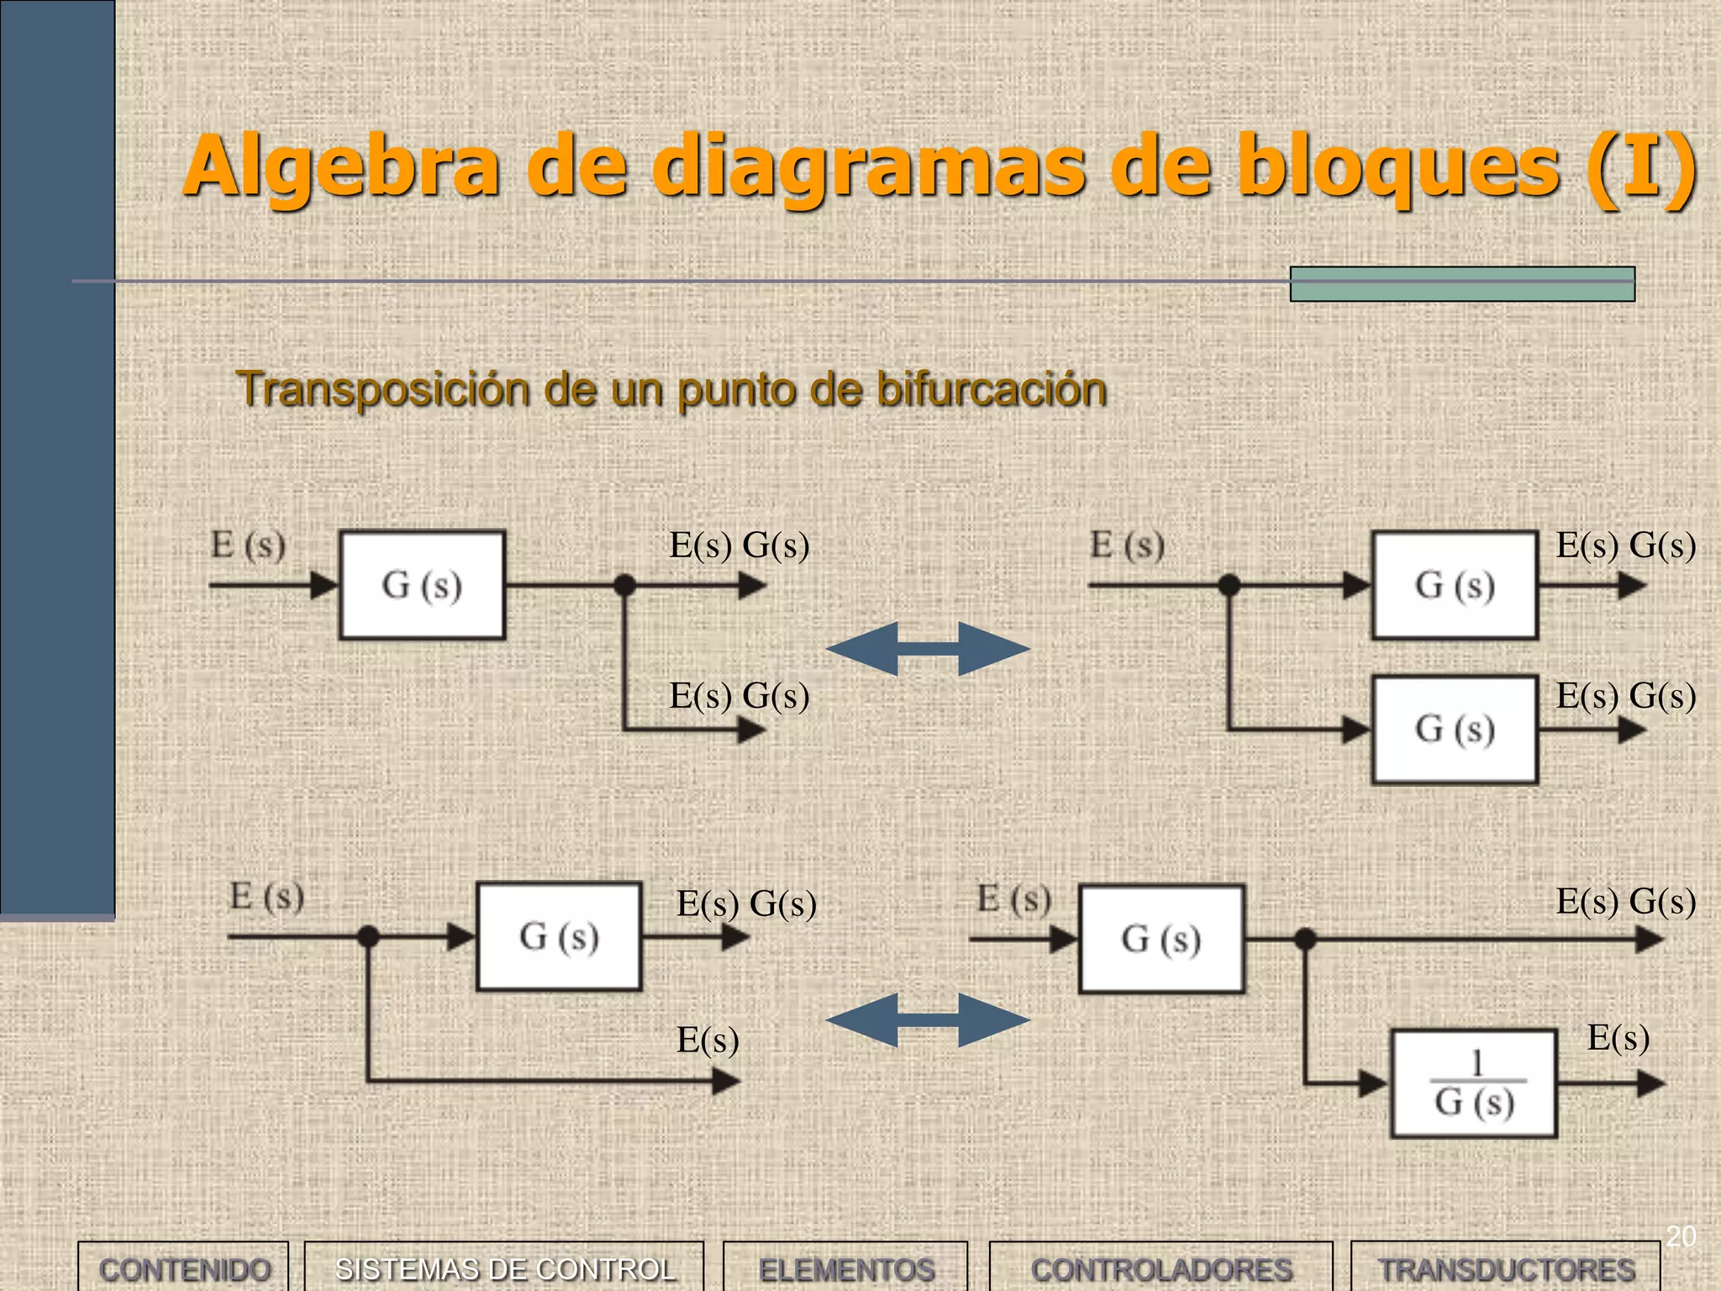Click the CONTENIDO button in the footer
pyautogui.click(x=183, y=1267)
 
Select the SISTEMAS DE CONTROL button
pyautogui.click(x=504, y=1267)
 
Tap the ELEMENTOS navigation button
pyautogui.click(x=845, y=1267)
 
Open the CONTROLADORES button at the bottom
pyautogui.click(x=1161, y=1267)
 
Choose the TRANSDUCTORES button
pyautogui.click(x=1506, y=1267)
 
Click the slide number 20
pyautogui.click(x=1681, y=1236)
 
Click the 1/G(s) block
pyautogui.click(x=1474, y=1084)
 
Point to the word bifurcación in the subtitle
pyautogui.click(x=992, y=389)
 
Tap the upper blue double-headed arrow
pyautogui.click(x=928, y=648)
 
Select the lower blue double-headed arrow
pyautogui.click(x=928, y=1020)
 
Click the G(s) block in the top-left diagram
pyautogui.click(x=422, y=585)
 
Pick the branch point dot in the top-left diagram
pyautogui.click(x=624, y=585)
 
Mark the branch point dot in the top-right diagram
pyautogui.click(x=1229, y=585)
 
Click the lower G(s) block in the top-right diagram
pyautogui.click(x=1455, y=730)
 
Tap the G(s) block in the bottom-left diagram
pyautogui.click(x=559, y=936)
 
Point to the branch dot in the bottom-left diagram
pyautogui.click(x=368, y=936)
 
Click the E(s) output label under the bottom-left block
pyautogui.click(x=708, y=1041)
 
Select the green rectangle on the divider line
pyautogui.click(x=1462, y=284)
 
